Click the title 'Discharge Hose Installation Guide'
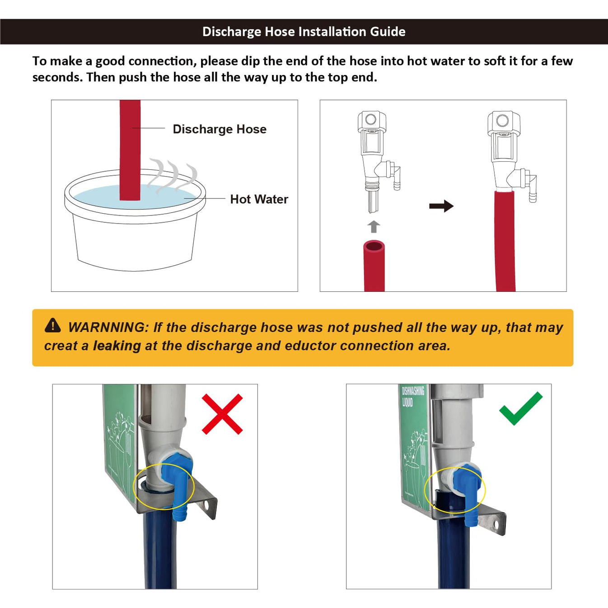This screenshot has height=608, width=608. [x=304, y=32]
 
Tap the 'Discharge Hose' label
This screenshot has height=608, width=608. [x=220, y=129]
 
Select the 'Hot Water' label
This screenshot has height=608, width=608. [x=259, y=199]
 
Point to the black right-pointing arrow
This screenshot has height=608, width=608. [x=441, y=206]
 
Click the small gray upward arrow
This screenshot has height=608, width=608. [x=374, y=226]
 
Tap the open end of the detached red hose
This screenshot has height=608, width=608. [x=374, y=247]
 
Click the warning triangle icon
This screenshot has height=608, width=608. [x=53, y=325]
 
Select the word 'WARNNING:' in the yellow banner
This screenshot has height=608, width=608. [x=107, y=327]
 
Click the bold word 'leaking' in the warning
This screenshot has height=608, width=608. [x=117, y=346]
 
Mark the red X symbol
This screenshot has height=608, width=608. [x=222, y=414]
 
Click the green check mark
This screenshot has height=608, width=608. [x=520, y=408]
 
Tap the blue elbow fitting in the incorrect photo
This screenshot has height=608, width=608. [x=179, y=483]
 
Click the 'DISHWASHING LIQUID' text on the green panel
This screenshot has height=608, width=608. [x=412, y=396]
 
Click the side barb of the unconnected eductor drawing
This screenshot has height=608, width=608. [x=396, y=178]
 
